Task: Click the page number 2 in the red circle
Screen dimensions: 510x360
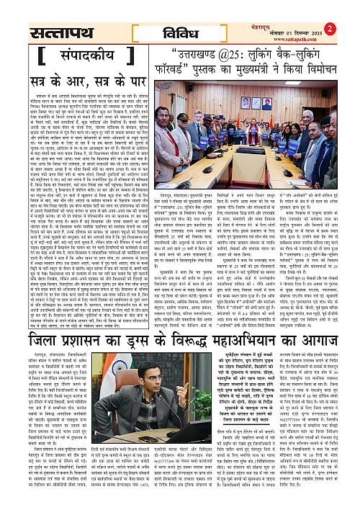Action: tap(351, 9)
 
